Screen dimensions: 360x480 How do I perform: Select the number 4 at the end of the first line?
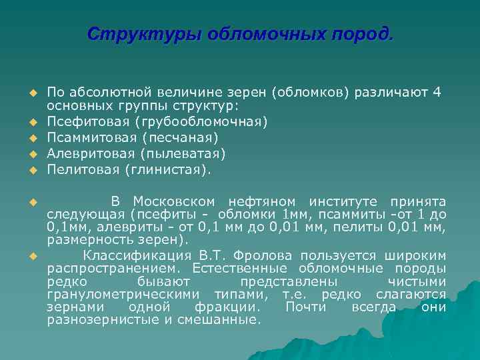(436, 92)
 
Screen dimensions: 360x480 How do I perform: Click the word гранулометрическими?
(127, 294)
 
